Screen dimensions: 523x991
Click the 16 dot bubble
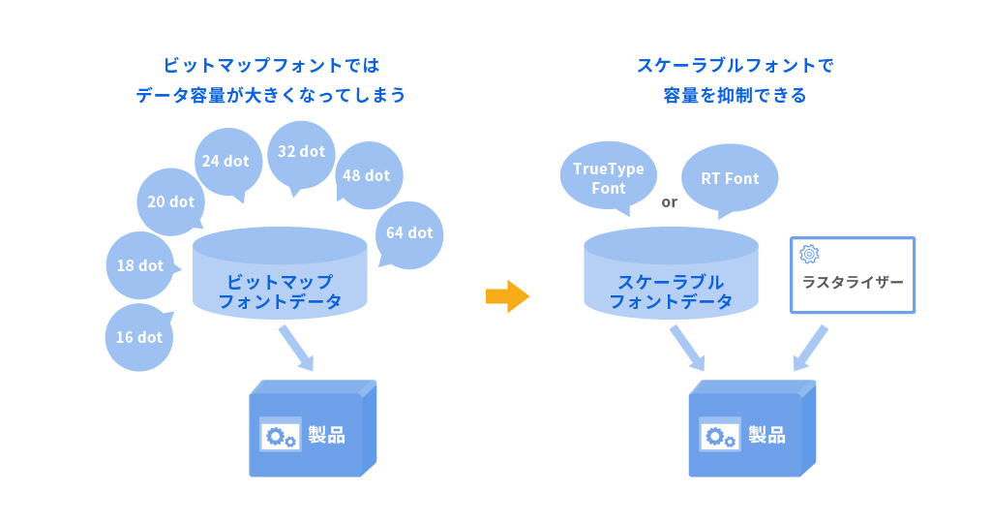[139, 337]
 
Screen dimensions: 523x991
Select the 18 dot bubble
[140, 265]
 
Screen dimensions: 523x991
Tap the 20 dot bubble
[171, 201]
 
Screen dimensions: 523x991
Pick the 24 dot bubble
[225, 161]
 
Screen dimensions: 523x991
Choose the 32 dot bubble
[301, 152]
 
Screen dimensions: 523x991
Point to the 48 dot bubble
[367, 175]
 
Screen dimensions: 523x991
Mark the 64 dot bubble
[409, 232]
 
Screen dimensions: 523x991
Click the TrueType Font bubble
[608, 178]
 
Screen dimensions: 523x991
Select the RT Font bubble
[730, 178]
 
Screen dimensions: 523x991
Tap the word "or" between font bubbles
[669, 202]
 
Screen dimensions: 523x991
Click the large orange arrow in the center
[507, 295]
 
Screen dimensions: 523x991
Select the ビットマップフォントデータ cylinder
[280, 276]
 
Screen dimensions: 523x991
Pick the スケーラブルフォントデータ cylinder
[671, 276]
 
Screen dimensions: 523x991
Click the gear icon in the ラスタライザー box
[809, 254]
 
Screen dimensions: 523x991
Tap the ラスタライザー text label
[853, 282]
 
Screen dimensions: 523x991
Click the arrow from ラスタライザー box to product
[811, 348]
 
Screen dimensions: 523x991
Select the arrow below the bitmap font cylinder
[296, 348]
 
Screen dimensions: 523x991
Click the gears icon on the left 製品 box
[281, 436]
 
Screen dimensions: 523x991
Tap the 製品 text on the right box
[767, 435]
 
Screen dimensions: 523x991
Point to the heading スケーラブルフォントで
[735, 66]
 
